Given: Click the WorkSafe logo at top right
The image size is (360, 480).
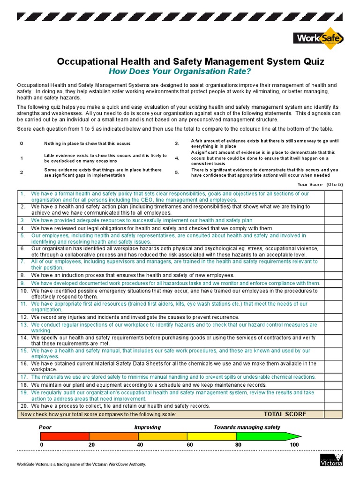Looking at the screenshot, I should point(317,38).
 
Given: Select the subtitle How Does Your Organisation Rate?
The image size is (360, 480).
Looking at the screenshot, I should point(180,71).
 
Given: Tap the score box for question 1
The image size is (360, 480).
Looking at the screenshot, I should point(333,196).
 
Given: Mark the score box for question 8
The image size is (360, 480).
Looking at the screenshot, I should point(333,275).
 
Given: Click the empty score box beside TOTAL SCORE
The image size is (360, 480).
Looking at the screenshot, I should point(333,414).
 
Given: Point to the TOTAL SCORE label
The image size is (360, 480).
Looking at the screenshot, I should point(285,414).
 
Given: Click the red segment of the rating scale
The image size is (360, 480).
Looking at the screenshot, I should point(65,436).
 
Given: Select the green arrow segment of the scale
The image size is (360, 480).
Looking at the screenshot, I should point(262,436).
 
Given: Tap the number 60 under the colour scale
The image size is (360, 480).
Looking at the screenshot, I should point(190,445).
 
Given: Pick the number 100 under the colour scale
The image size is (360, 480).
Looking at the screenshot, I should point(294,445).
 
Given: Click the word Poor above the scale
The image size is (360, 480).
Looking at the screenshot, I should point(45,427).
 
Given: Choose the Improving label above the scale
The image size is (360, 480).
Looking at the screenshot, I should point(147,427).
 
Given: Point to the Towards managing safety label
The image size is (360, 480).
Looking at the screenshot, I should point(247,427).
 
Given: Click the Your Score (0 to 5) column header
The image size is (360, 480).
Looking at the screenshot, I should point(320,184).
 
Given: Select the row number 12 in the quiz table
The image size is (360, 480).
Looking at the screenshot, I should point(23,317).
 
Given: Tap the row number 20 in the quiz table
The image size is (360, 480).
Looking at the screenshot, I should point(23,406).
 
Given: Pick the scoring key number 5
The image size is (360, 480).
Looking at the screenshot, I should point(177,172).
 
